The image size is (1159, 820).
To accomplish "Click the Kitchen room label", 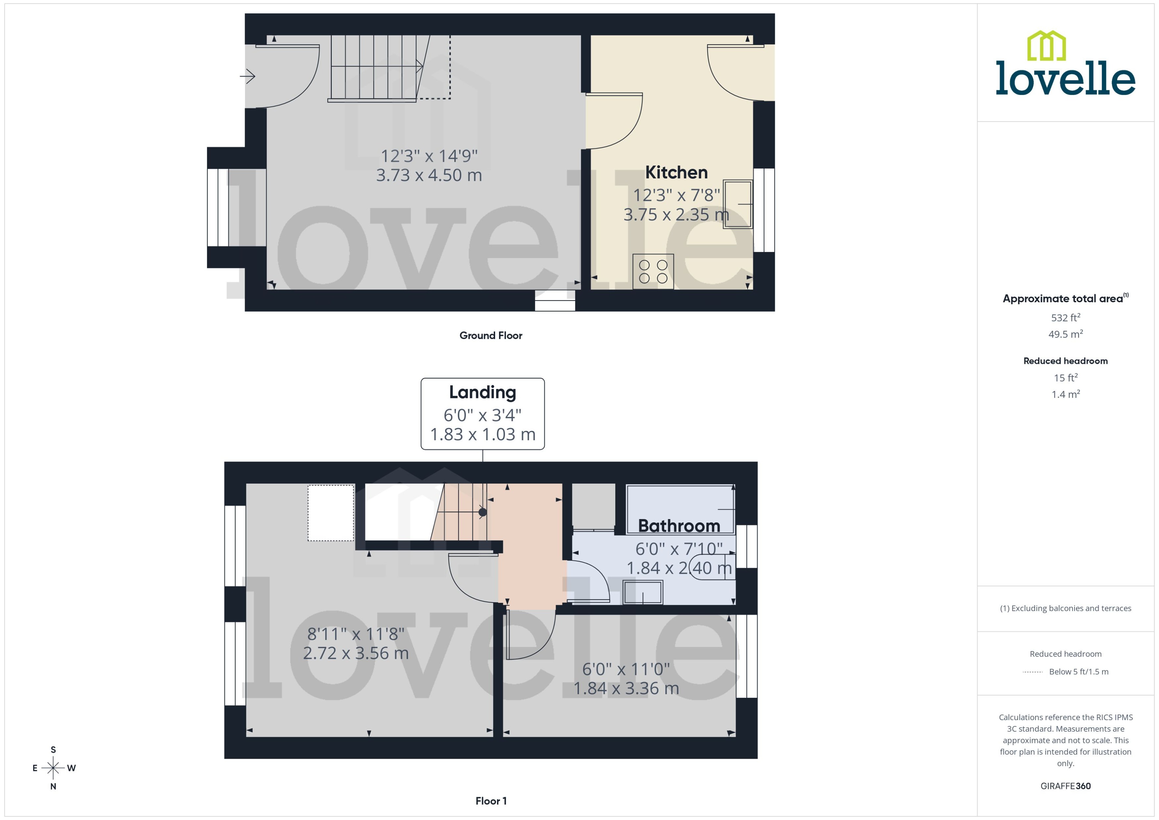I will point(676,173).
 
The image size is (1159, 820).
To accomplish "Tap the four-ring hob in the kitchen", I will point(653,271).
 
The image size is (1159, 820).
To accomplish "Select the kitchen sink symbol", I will point(737,204).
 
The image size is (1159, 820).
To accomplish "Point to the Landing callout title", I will point(482,392).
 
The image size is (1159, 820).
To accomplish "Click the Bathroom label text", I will point(679,526).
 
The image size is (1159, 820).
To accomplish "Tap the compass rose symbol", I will point(53,768).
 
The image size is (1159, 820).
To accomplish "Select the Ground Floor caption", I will point(490,335).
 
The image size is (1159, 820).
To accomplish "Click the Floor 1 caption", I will point(490,801).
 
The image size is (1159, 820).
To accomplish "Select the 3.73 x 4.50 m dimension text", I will point(429,175).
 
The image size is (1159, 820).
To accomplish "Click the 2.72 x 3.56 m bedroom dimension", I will point(356,653).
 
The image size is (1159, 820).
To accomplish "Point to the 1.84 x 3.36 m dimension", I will point(626,688).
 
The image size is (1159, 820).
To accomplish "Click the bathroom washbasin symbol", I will point(642,592).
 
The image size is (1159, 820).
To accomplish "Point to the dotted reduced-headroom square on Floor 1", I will point(331,512).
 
